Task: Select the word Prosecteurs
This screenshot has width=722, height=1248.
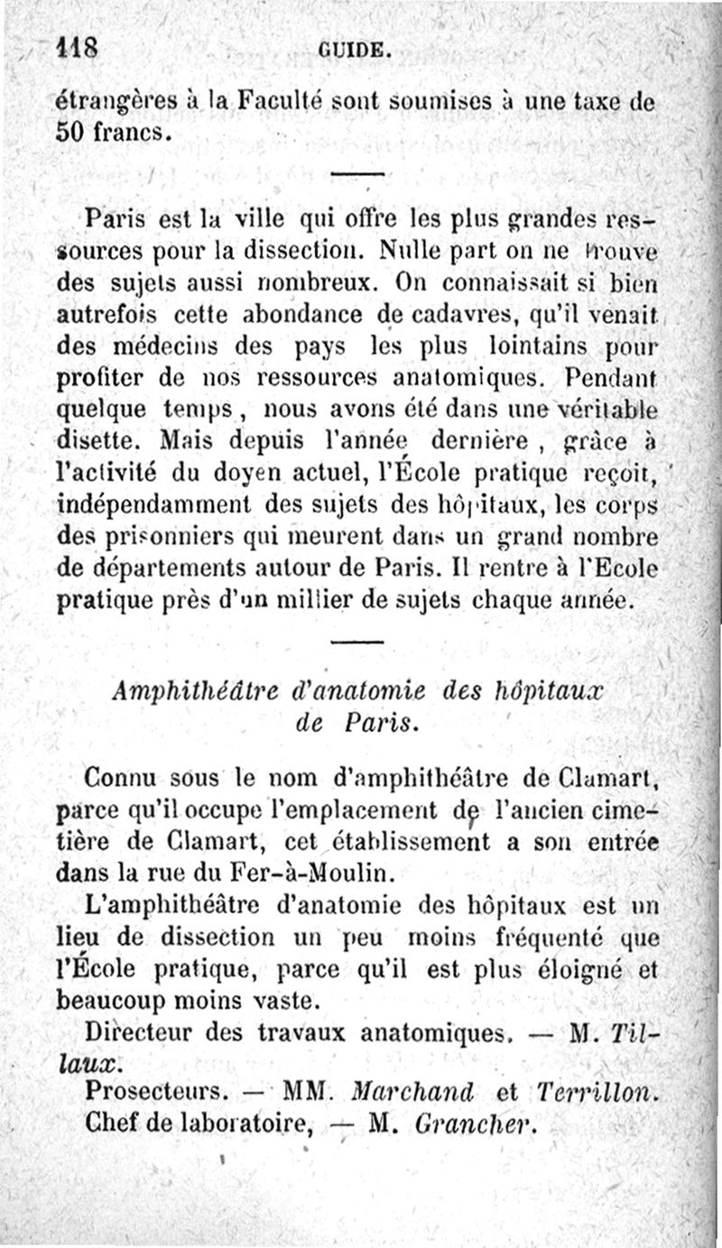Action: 154,1091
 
